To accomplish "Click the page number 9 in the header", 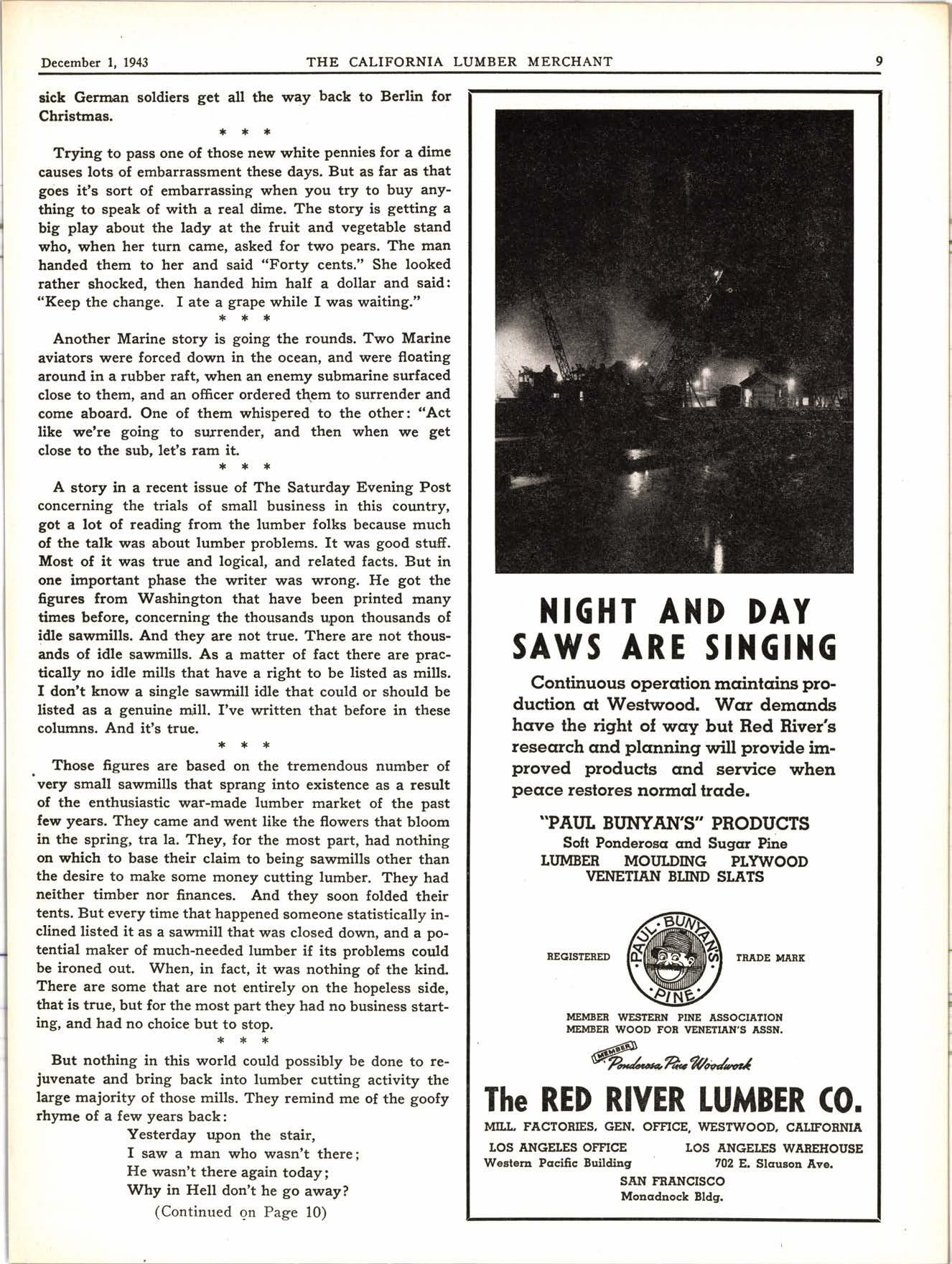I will click(x=879, y=61).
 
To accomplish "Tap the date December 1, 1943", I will click(x=95, y=62).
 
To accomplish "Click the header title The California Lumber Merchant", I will click(x=459, y=62).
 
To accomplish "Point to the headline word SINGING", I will click(x=771, y=648).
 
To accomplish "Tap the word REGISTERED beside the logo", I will click(x=578, y=957).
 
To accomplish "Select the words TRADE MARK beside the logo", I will click(x=770, y=957).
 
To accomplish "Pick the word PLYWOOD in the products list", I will click(x=769, y=861).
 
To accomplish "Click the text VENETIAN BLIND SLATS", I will click(x=674, y=877).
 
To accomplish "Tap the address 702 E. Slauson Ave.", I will click(x=773, y=1163).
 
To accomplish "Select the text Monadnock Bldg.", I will click(x=672, y=1196).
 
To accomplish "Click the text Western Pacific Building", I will click(x=558, y=1163).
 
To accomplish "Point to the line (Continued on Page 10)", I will click(x=241, y=1212).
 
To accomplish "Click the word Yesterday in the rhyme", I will click(x=162, y=1135).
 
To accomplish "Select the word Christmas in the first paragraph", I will click(x=74, y=116).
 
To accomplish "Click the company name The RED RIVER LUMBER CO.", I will click(x=673, y=1100).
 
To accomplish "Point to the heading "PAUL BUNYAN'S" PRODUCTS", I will click(x=674, y=823).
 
